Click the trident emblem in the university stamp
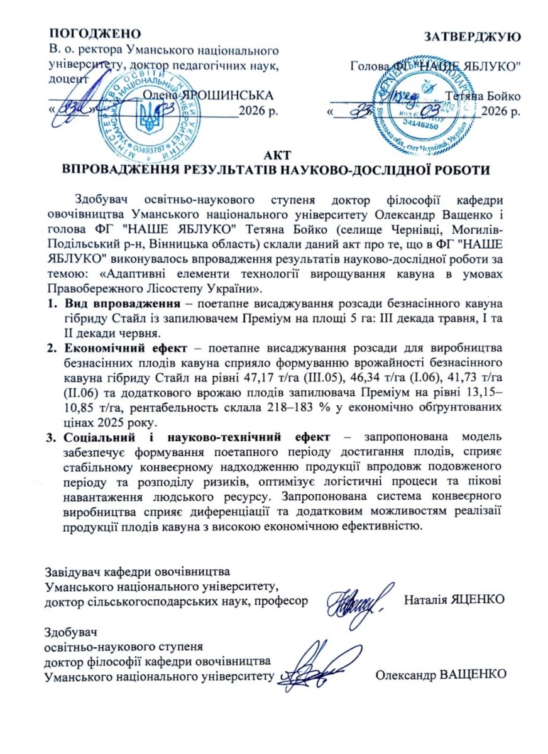coord(148,117)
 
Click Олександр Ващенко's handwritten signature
coord(317,667)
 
